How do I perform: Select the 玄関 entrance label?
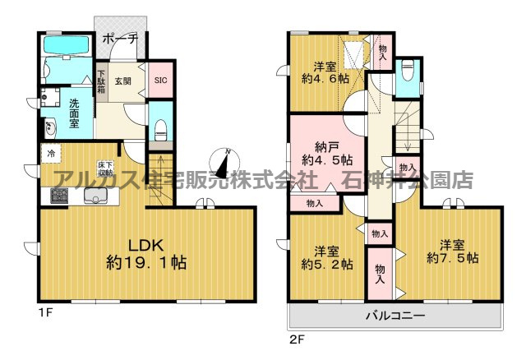(122, 80)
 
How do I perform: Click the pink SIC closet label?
(161, 80)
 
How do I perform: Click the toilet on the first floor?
(161, 129)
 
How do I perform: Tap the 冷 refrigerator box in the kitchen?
(51, 153)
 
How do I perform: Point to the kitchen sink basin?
(99, 196)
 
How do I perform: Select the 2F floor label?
(296, 335)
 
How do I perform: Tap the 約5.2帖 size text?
(326, 264)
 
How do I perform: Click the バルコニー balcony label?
(394, 316)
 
